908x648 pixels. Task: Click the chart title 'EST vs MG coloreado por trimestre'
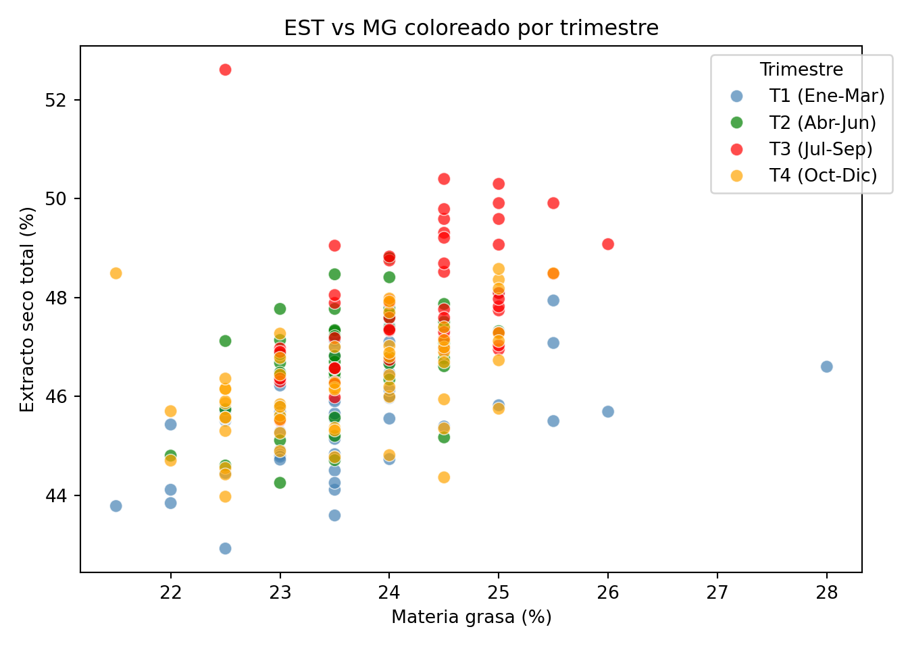click(x=471, y=28)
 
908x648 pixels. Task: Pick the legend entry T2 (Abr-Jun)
click(x=822, y=122)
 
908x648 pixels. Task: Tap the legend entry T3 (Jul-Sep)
click(x=821, y=149)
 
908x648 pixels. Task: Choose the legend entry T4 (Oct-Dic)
click(x=823, y=175)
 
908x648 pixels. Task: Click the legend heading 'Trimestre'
click(x=801, y=70)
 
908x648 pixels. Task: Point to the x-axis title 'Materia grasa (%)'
click(x=472, y=617)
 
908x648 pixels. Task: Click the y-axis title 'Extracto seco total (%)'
click(x=27, y=309)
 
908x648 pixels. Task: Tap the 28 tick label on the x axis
click(x=826, y=593)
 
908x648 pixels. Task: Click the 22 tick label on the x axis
click(x=171, y=593)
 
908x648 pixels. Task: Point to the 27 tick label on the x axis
click(x=717, y=593)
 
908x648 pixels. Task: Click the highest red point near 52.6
click(x=225, y=70)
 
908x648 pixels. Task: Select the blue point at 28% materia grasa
click(x=826, y=367)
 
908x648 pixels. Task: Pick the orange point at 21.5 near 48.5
click(x=116, y=273)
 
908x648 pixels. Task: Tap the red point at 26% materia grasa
click(x=608, y=244)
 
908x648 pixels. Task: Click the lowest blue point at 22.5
click(x=225, y=548)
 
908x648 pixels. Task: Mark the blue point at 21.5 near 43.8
click(x=116, y=506)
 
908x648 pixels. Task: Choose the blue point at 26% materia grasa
click(x=608, y=412)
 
